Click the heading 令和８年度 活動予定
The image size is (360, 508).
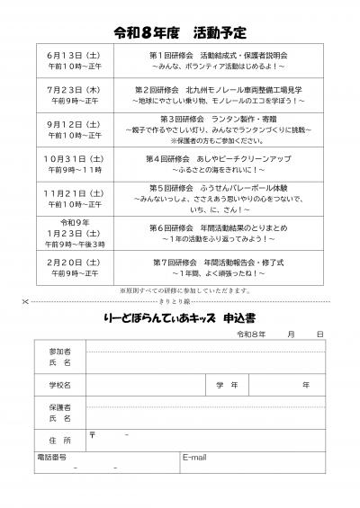click(180, 33)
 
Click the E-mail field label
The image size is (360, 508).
click(195, 457)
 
